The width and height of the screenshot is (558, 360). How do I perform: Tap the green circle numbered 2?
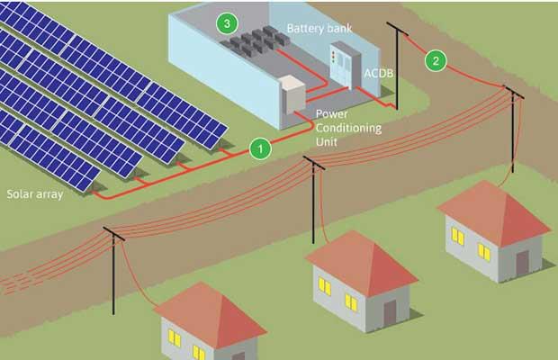tap(436, 61)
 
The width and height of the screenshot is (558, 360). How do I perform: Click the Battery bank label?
tap(319, 29)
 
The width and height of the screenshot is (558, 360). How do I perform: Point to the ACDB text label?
tap(377, 71)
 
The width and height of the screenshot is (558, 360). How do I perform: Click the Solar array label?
tap(34, 193)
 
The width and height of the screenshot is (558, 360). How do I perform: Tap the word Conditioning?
tap(347, 129)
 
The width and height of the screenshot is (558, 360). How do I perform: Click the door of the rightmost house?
tap(522, 263)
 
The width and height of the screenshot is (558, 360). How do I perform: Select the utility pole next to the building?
tap(393, 63)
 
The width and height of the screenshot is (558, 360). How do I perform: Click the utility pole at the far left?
tap(114, 270)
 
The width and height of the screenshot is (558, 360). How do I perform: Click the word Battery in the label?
tap(304, 29)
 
